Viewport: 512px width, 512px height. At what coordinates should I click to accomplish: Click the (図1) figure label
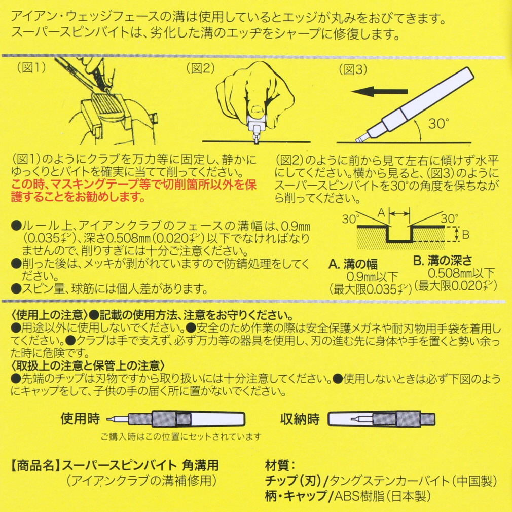pos(31,67)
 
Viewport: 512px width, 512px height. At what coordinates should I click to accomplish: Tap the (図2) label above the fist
pos(200,68)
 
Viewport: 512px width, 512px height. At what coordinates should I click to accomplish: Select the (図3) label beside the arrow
pos(353,69)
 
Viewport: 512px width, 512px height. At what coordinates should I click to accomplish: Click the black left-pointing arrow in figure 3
pos(379,91)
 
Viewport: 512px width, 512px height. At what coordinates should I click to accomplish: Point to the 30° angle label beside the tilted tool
pos(438,123)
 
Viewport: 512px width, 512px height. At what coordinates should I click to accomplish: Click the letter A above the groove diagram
pos(381,213)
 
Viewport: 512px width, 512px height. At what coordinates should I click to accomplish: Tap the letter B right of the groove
pos(466,234)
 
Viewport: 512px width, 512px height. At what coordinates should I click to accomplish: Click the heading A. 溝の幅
pos(353,264)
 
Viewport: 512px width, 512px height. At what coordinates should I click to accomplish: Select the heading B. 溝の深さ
pos(443,260)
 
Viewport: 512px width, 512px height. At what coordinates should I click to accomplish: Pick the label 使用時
pos(80,419)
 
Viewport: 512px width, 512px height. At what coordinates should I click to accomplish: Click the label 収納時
pos(300,419)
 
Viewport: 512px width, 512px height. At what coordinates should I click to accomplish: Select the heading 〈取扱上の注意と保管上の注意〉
pos(88,365)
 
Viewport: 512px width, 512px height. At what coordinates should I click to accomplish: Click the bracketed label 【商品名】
pos(35,466)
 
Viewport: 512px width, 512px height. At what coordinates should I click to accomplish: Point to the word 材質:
pos(281,466)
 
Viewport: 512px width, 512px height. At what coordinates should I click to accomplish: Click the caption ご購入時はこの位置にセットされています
pos(181,436)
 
